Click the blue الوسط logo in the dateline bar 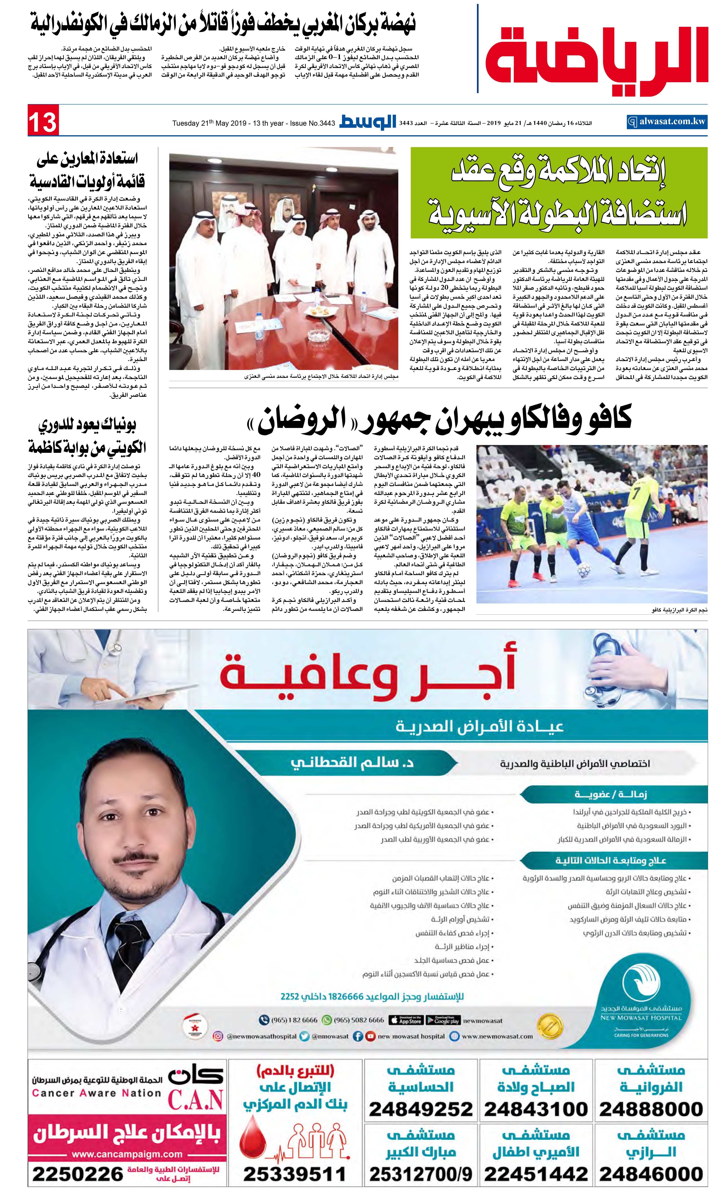click(x=368, y=122)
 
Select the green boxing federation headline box click(x=559, y=193)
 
